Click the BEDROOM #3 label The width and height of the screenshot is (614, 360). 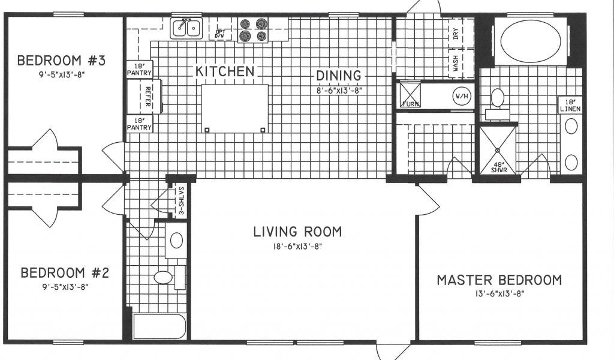coord(62,61)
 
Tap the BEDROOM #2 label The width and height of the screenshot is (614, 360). coord(65,272)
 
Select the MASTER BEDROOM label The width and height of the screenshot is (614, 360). coord(499,280)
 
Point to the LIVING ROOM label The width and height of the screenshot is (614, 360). coord(297,232)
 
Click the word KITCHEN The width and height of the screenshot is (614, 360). coord(225,71)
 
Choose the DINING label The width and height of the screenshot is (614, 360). coord(339,75)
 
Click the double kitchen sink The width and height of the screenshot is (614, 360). coord(186,28)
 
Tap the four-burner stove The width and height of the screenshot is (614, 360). coord(254,30)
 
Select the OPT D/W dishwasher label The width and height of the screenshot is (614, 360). coord(220,34)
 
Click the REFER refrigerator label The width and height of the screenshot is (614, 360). coord(148,97)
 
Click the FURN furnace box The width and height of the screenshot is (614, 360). coord(410,95)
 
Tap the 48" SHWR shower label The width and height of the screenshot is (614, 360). coord(499,167)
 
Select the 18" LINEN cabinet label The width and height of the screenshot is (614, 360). coord(571,106)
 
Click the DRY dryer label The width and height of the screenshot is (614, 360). coord(456,34)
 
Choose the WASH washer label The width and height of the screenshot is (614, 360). coord(456,63)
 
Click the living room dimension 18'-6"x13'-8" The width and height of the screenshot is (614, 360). coord(297,247)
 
